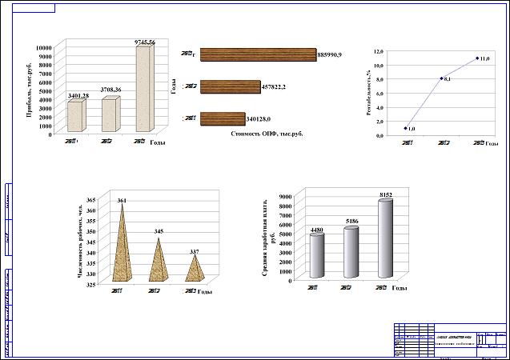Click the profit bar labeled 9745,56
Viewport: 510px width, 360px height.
[x=143, y=88]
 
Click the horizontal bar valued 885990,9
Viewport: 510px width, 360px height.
[x=258, y=54]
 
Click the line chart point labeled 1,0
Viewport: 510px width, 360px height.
[x=406, y=128]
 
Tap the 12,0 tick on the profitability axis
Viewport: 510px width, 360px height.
[x=379, y=50]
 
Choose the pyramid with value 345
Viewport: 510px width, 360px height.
[x=159, y=260]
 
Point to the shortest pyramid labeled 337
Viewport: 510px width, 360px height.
[x=192, y=267]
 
